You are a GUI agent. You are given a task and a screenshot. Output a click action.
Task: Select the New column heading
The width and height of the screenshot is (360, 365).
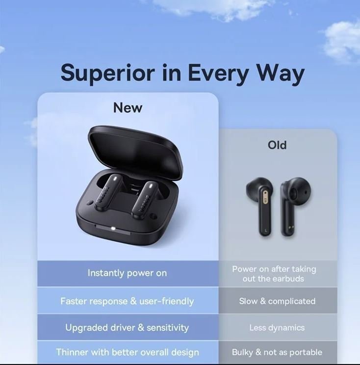pyautogui.click(x=128, y=108)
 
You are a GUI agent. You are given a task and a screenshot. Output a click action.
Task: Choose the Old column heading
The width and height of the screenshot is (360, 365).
pyautogui.click(x=277, y=145)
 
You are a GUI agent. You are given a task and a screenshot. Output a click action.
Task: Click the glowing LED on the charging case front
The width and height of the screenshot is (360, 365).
pyautogui.click(x=113, y=229)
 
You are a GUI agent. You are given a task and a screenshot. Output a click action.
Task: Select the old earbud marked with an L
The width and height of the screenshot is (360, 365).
pyautogui.click(x=261, y=206)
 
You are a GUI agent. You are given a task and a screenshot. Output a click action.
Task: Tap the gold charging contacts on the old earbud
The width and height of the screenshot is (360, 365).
pyautogui.click(x=291, y=227)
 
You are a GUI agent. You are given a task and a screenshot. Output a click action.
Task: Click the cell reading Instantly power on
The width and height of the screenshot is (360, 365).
pyautogui.click(x=128, y=273)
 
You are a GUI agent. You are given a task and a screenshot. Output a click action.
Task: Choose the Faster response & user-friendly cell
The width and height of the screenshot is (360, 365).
pyautogui.click(x=128, y=301)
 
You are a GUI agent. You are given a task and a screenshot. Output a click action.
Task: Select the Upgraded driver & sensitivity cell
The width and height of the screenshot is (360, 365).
pyautogui.click(x=128, y=327)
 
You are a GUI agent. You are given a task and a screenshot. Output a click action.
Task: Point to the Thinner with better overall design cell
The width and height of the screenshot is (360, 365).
pyautogui.click(x=128, y=352)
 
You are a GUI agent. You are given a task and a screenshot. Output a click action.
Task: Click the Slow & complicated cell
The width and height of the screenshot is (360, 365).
pyautogui.click(x=278, y=301)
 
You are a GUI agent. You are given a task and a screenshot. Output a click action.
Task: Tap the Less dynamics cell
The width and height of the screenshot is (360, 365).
pyautogui.click(x=278, y=327)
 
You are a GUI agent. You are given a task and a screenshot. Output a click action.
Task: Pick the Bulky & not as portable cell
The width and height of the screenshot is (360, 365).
pyautogui.click(x=278, y=352)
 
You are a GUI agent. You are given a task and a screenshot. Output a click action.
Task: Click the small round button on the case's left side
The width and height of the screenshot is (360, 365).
pyautogui.click(x=90, y=202)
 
